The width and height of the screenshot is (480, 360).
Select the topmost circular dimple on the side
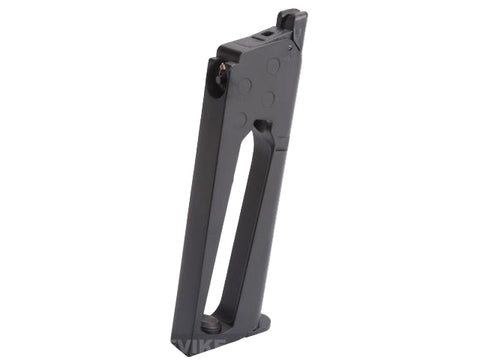coord(273,67)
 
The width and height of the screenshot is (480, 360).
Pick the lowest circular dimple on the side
coord(239,119)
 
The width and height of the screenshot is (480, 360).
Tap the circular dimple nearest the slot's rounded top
coord(268,100)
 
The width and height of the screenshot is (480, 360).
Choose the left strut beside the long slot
coord(207,230)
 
